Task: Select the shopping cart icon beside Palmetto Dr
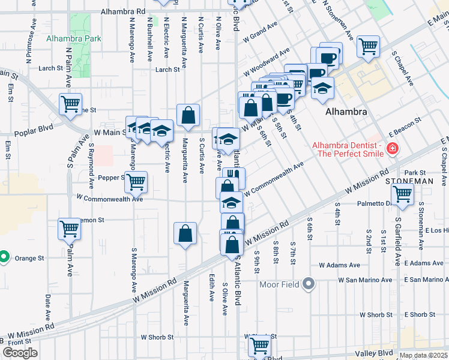402,194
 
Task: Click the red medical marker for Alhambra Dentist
393,148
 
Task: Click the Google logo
20,353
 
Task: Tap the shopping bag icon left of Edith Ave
185,233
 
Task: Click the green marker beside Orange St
4,257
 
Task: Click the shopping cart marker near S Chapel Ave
367,46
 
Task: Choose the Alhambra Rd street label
123,11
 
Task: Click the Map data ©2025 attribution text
423,355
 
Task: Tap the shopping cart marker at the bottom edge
259,346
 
